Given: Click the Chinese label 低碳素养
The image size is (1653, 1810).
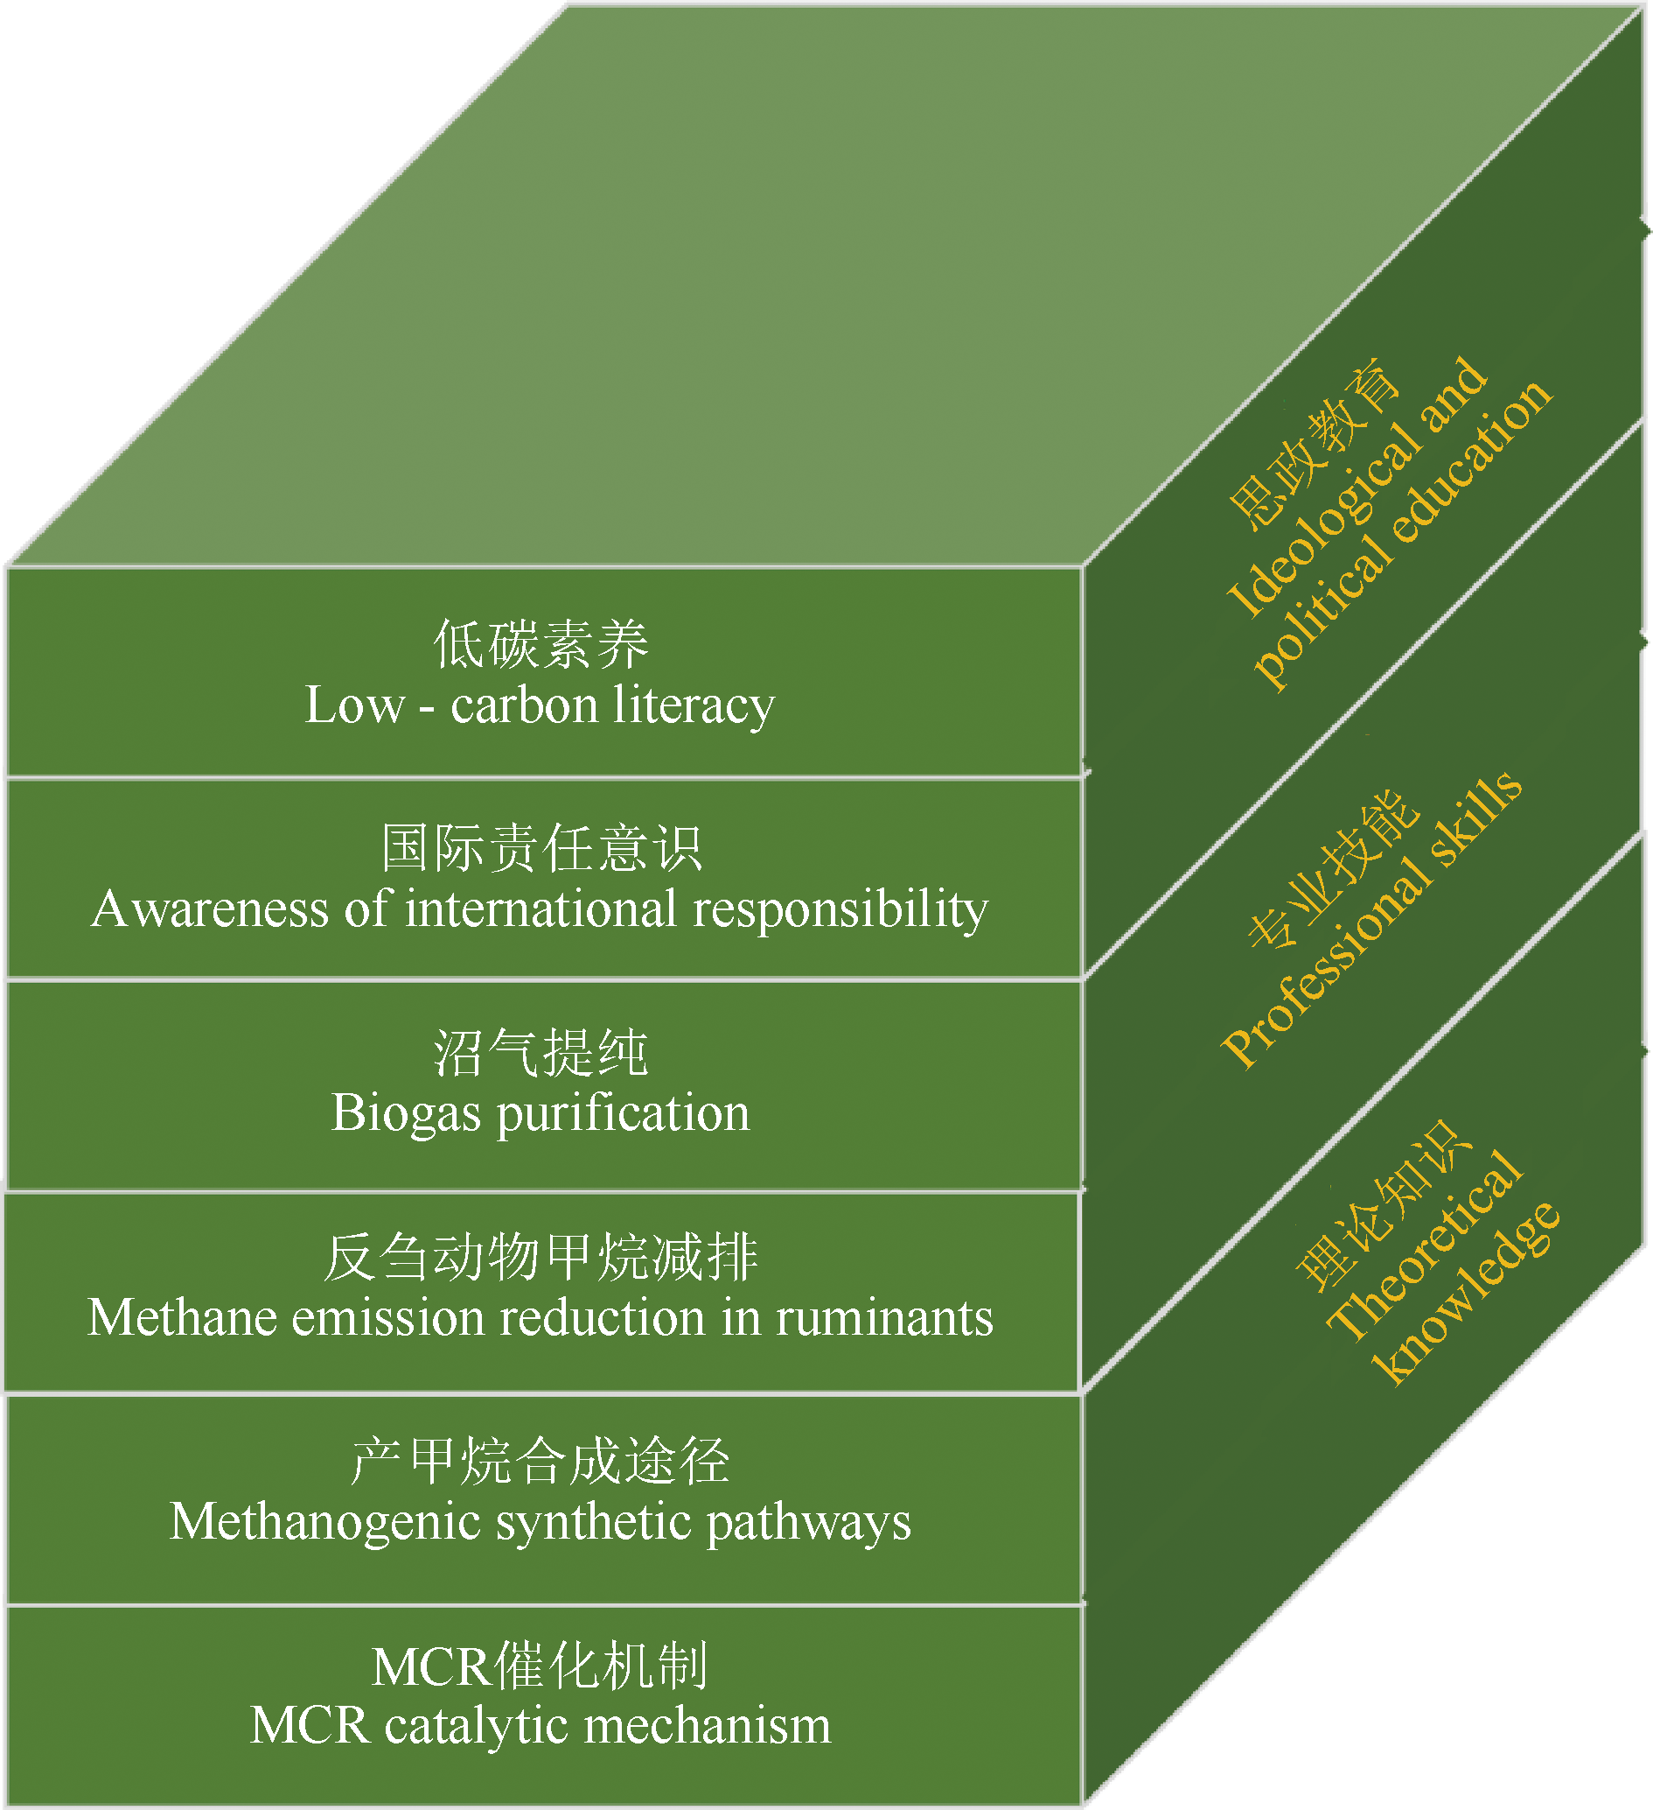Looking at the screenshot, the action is (541, 645).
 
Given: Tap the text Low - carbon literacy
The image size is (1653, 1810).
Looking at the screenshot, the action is (540, 705).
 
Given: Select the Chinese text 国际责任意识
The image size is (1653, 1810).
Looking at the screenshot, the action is (541, 848).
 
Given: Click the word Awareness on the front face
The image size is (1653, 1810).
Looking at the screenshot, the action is (210, 909).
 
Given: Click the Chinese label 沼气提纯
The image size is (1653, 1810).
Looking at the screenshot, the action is (541, 1052).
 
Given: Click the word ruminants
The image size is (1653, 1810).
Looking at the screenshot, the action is (885, 1318).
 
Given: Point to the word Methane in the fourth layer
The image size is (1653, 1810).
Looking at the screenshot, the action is (182, 1318).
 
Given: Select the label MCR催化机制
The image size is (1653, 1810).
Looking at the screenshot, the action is (541, 1666).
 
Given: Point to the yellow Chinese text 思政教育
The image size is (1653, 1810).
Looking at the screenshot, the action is (1312, 444).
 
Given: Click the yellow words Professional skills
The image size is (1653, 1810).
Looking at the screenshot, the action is (1371, 919).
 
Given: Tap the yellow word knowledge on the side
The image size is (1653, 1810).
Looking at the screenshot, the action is (1466, 1293).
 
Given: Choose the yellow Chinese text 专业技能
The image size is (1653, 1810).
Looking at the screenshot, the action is (1334, 869).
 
